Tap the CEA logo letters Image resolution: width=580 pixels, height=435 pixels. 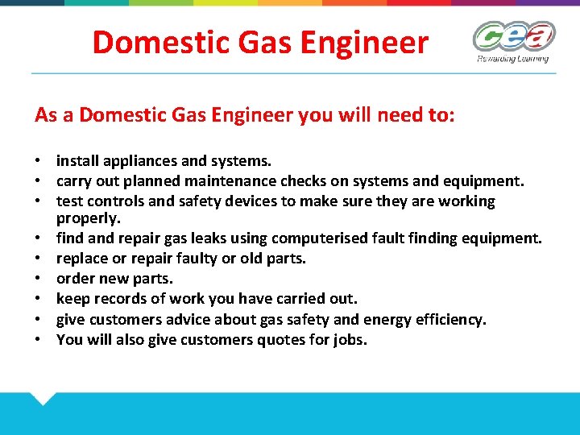click(513, 37)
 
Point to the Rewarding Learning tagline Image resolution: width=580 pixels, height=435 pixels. click(512, 59)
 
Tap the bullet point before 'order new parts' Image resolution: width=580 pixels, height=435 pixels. click(39, 279)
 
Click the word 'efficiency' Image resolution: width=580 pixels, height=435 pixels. click(449, 320)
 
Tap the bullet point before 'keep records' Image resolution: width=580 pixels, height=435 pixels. click(39, 299)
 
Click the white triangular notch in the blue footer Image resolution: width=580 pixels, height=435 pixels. click(42, 397)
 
